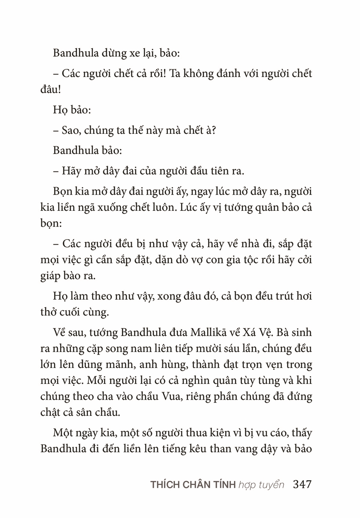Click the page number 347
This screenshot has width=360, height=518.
point(302,484)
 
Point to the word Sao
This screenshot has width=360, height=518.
point(71,130)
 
